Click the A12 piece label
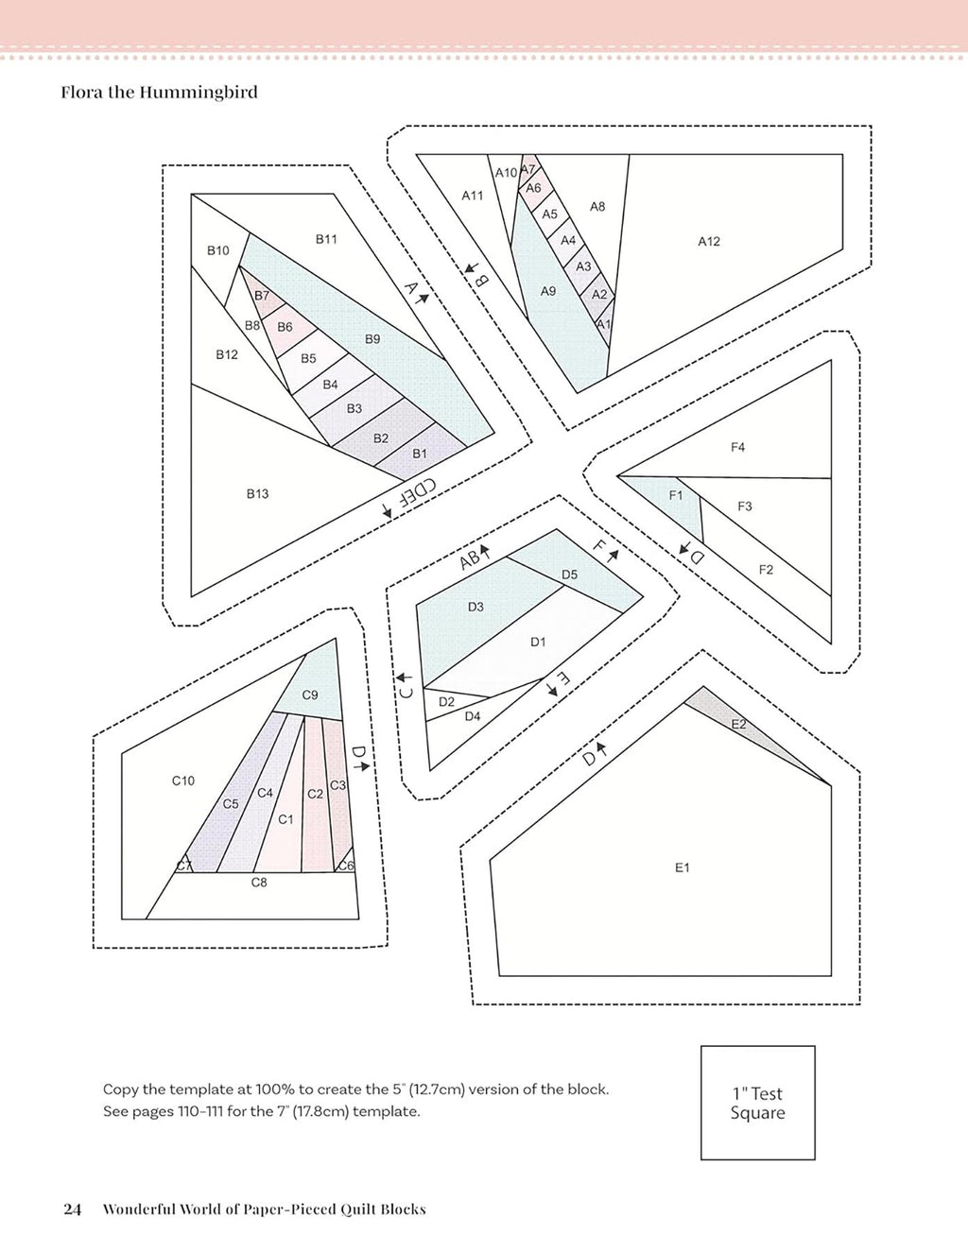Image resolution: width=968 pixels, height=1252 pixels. point(709,241)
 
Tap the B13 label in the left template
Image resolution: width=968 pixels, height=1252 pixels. point(257,494)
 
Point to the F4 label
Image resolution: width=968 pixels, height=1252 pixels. point(737,447)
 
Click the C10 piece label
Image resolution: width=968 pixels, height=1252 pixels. point(183,780)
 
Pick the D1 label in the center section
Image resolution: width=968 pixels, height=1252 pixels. point(538,642)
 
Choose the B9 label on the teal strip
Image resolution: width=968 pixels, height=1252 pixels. point(372,339)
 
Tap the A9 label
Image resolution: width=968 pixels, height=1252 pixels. point(548,292)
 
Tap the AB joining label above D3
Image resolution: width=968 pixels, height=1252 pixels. point(471,559)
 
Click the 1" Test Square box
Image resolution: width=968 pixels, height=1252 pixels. point(758,1103)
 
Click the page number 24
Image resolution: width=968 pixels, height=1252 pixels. point(73,1209)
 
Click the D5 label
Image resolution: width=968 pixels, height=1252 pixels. point(569,575)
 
